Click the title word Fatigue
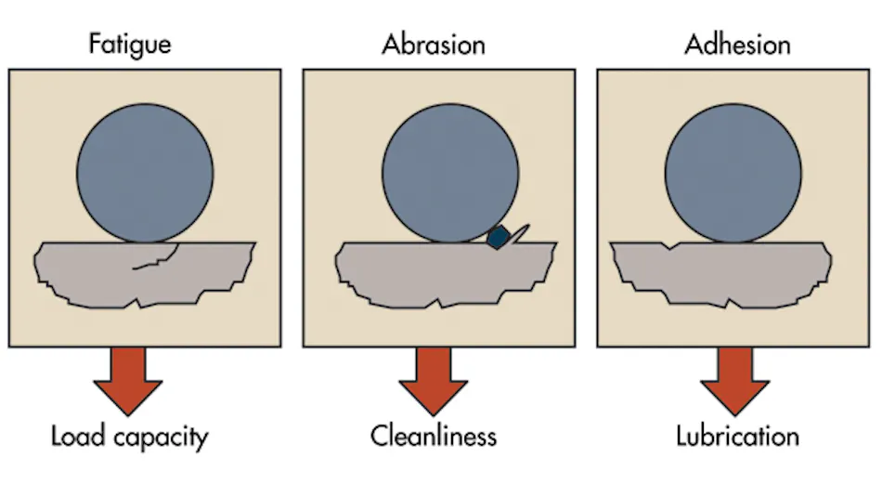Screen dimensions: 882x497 tap(130, 45)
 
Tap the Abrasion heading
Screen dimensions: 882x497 tap(434, 45)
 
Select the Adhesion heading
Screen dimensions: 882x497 tap(737, 45)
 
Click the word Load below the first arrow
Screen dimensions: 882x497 tap(78, 437)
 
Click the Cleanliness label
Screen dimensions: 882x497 tap(434, 437)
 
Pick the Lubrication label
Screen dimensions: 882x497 tap(737, 437)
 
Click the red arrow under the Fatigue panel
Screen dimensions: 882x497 tap(128, 381)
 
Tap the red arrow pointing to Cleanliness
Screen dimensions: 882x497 tap(434, 381)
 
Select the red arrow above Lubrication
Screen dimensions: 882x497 tap(734, 381)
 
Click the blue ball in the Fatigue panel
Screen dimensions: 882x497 tap(145, 174)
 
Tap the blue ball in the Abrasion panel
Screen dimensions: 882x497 tap(450, 174)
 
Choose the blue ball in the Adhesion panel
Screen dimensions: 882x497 tap(733, 174)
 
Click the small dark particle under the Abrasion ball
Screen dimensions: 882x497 tap(499, 237)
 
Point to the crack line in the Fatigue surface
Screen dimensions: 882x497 tap(159, 257)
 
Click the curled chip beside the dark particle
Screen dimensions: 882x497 tap(520, 233)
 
